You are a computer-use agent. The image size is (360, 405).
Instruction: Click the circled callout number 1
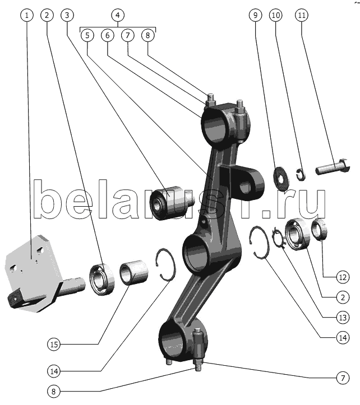pyautogui.click(x=26, y=16)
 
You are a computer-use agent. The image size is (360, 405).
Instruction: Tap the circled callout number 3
pyautogui.click(x=67, y=16)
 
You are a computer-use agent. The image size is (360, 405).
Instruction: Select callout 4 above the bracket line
pyautogui.click(x=117, y=16)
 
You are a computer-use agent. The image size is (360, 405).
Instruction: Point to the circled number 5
pyautogui.click(x=87, y=35)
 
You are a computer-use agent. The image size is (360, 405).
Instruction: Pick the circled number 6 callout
pyautogui.click(x=107, y=35)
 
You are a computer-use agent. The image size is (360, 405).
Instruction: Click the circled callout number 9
pyautogui.click(x=255, y=16)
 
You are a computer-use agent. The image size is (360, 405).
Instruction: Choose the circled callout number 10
pyautogui.click(x=275, y=16)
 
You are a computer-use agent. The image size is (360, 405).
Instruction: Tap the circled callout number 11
pyautogui.click(x=302, y=16)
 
